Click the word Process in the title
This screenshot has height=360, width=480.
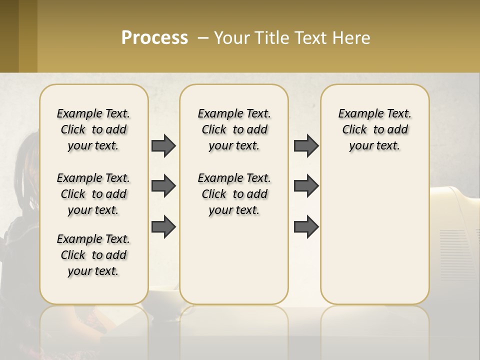coord(154,38)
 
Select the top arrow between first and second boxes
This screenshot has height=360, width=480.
coord(163,145)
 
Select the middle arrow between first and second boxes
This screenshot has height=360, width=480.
coord(163,186)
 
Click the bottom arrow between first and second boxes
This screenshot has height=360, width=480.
coord(163,226)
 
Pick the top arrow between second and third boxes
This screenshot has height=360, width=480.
coord(306,145)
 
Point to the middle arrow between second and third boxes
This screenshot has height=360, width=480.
coord(306,186)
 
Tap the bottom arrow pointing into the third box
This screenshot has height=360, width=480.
coord(306,226)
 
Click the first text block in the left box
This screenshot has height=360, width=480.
coord(93,129)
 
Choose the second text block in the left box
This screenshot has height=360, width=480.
coord(93,194)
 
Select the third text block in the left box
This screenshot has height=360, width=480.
coord(93,255)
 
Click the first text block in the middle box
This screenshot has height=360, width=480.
coord(234,129)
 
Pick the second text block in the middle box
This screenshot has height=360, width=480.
coord(234,194)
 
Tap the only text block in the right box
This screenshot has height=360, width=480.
coord(375,129)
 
